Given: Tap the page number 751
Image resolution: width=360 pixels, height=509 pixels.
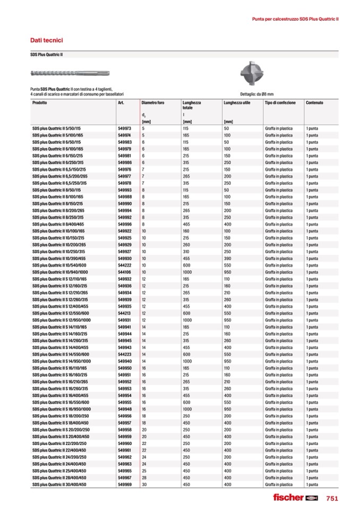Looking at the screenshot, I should [x=332, y=498].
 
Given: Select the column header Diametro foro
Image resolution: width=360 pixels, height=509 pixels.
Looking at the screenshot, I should [x=152, y=102].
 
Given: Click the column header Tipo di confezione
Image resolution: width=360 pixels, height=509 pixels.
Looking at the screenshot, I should [x=280, y=102].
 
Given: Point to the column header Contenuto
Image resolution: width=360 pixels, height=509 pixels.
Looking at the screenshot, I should [x=314, y=102].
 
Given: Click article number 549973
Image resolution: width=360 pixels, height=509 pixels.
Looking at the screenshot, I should [x=124, y=129].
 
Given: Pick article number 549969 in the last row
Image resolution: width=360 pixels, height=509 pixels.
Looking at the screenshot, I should [x=124, y=484].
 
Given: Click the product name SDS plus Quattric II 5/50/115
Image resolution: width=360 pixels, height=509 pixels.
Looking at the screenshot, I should [x=56, y=129].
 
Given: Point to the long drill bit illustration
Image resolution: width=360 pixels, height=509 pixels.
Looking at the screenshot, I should [x=70, y=72].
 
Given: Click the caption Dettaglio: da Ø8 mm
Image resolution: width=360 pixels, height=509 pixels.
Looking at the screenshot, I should [x=256, y=94].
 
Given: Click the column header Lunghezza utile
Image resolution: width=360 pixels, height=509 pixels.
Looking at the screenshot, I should [x=236, y=102].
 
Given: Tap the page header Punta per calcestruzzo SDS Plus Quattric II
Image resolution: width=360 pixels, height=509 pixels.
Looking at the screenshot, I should [x=295, y=19].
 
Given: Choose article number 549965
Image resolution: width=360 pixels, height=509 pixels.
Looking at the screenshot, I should [x=124, y=471].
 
